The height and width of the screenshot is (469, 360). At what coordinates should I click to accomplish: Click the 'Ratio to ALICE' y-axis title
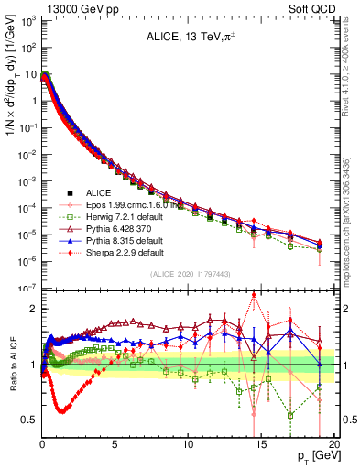(x=12, y=364)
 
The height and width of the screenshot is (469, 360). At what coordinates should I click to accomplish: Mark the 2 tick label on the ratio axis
(x=32, y=309)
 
